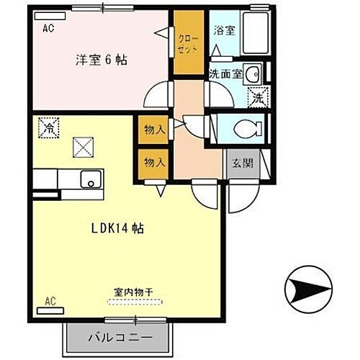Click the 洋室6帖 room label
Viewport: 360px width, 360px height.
(x=101, y=60)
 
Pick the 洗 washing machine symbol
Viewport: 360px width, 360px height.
(x=256, y=94)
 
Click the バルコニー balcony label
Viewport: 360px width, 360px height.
(x=120, y=336)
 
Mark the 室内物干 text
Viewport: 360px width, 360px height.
(x=132, y=293)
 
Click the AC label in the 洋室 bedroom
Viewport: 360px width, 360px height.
(x=48, y=29)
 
